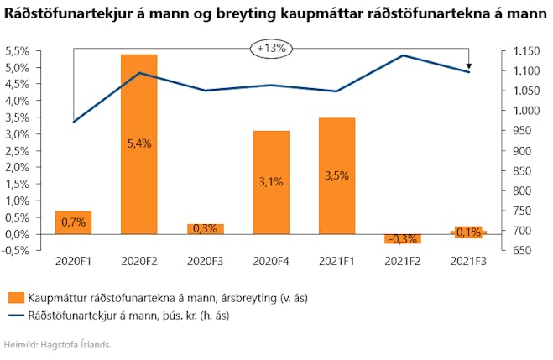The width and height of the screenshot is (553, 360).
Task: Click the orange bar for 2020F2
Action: [x=139, y=144]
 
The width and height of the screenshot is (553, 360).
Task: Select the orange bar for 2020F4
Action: [x=271, y=183]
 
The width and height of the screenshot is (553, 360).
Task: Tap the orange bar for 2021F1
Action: [x=336, y=176]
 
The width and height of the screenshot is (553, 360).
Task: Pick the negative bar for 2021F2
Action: [x=403, y=238]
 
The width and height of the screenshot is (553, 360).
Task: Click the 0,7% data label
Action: [x=73, y=222]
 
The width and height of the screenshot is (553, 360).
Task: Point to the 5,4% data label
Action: [x=139, y=143]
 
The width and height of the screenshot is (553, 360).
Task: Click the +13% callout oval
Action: [x=271, y=49]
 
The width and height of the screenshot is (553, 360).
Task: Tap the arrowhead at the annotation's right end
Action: [x=469, y=66]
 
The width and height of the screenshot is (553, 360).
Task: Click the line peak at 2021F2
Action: [x=403, y=55]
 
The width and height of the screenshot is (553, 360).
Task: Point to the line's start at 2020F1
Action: [x=73, y=122]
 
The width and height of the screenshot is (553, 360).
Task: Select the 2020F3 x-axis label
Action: [x=205, y=262]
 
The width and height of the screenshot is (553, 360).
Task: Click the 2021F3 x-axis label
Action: [x=468, y=262]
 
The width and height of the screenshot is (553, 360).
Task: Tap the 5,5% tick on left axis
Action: [x=18, y=51]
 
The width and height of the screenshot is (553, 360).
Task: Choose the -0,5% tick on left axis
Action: [x=16, y=251]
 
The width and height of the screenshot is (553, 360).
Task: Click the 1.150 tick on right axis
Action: [x=526, y=51]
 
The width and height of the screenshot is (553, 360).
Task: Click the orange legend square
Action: [x=16, y=298]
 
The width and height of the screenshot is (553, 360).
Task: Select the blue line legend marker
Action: [x=16, y=316]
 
